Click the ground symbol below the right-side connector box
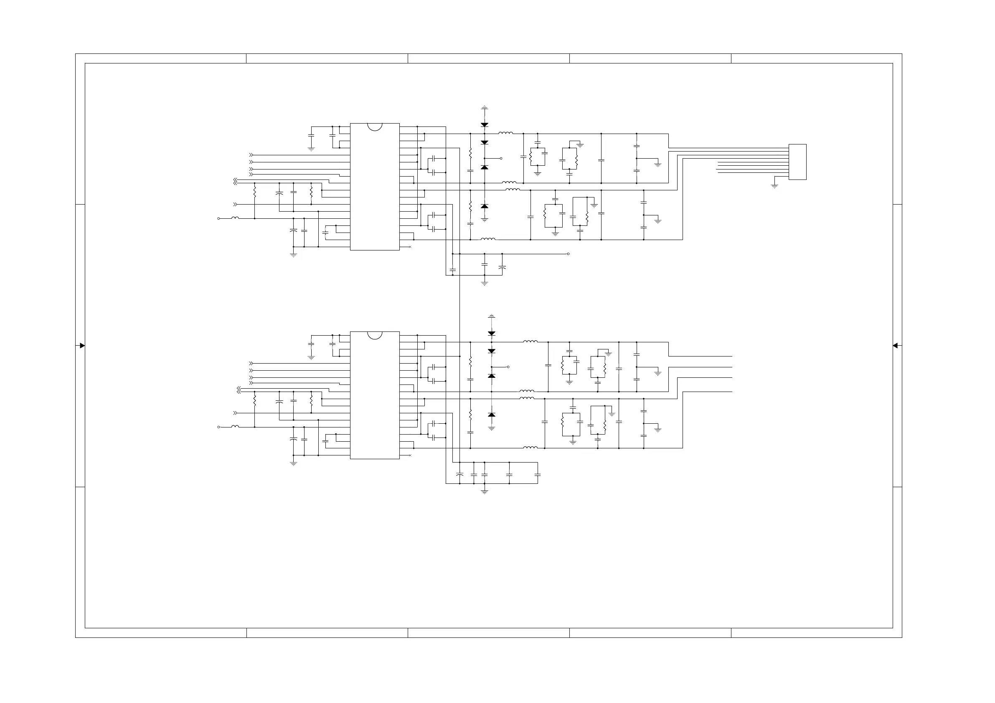pyautogui.click(x=774, y=186)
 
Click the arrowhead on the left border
pyautogui.click(x=82, y=346)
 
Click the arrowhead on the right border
pyautogui.click(x=895, y=346)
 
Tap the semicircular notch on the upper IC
pyautogui.click(x=374, y=126)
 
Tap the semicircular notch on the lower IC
pyautogui.click(x=374, y=335)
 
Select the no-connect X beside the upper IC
pyautogui.click(x=410, y=247)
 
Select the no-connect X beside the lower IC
pyautogui.click(x=410, y=455)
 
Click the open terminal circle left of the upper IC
pyautogui.click(x=218, y=219)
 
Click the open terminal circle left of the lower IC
pyautogui.click(x=218, y=427)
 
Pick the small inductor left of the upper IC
pyautogui.click(x=235, y=218)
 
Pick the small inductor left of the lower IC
pyautogui.click(x=235, y=426)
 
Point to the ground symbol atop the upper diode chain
pyautogui.click(x=485, y=107)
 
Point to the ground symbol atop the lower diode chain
pyautogui.click(x=491, y=316)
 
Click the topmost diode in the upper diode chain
pyautogui.click(x=485, y=125)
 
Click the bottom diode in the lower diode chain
pyautogui.click(x=491, y=415)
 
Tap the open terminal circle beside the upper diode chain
pyautogui.click(x=501, y=159)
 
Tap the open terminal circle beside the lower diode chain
pyautogui.click(x=508, y=367)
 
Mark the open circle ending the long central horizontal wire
pyautogui.click(x=568, y=254)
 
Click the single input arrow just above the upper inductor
pyautogui.click(x=235, y=204)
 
